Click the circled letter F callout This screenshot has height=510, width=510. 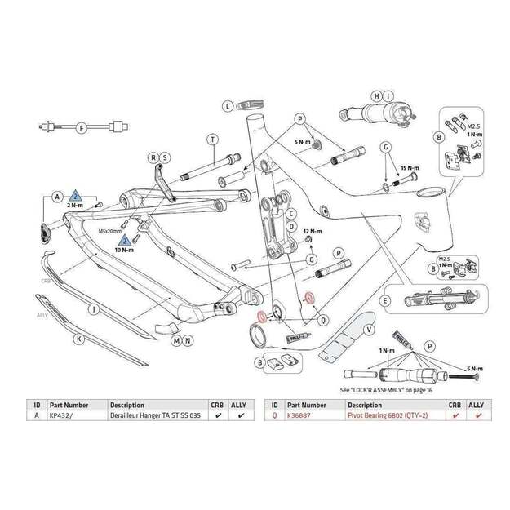(81, 128)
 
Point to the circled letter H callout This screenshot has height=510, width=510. (377, 96)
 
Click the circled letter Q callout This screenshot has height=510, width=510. (322, 318)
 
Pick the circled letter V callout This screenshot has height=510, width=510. (370, 330)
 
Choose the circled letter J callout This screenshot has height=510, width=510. (95, 310)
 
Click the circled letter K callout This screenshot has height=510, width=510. (79, 338)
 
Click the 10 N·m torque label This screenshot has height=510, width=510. (124, 251)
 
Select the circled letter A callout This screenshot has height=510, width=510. (57, 197)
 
